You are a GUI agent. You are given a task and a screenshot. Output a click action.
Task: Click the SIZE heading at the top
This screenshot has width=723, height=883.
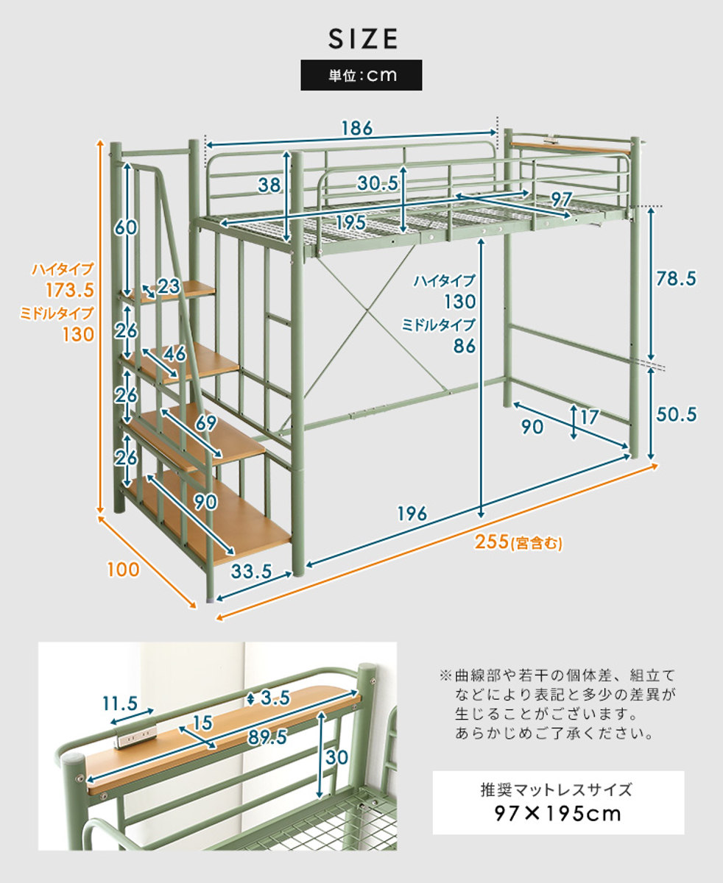pyautogui.click(x=361, y=38)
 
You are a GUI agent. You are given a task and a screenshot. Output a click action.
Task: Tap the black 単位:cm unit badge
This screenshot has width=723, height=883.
pyautogui.click(x=361, y=75)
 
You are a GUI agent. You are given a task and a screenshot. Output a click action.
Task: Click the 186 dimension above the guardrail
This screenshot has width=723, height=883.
pyautogui.click(x=356, y=127)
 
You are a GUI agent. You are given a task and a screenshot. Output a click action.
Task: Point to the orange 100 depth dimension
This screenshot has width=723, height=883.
pyautogui.click(x=122, y=569)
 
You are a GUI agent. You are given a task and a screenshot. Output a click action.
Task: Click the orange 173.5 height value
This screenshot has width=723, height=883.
pyautogui.click(x=70, y=288)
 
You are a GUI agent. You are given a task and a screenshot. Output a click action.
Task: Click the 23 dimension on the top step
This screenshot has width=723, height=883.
pyautogui.click(x=168, y=286)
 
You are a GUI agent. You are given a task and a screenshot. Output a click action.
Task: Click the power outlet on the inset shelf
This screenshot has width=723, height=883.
pyautogui.click(x=137, y=736)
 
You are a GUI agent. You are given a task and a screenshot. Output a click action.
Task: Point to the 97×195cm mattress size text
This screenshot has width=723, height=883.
pyautogui.click(x=557, y=814)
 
